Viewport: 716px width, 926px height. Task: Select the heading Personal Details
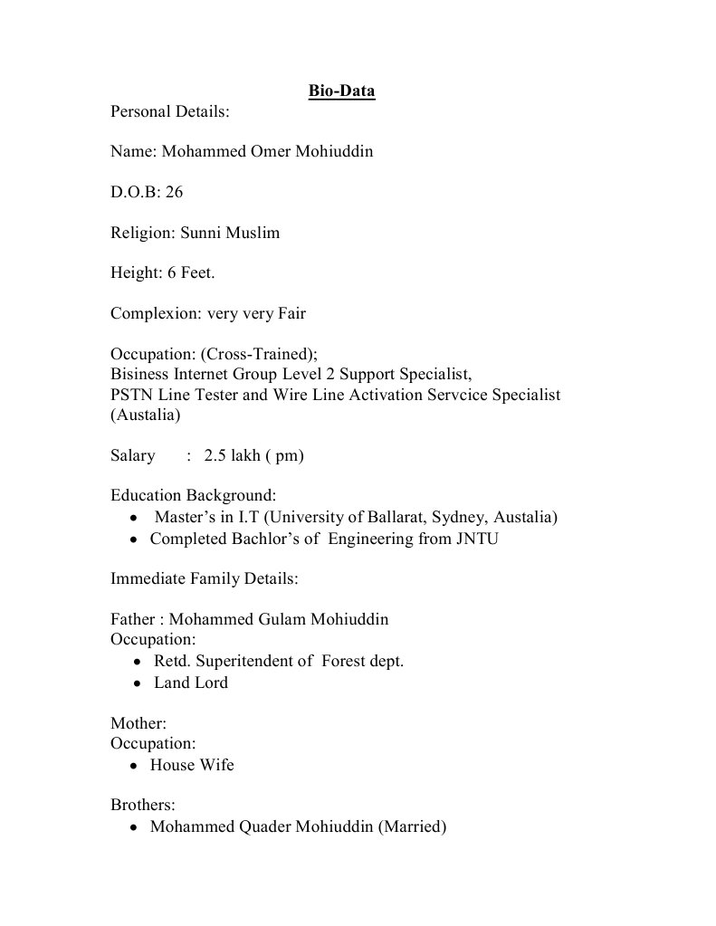[x=169, y=112]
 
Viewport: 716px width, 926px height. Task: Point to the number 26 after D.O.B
[x=175, y=192]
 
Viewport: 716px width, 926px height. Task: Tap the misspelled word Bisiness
[x=143, y=374]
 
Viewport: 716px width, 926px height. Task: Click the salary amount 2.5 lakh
[x=232, y=455]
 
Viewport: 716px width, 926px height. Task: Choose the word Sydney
[x=458, y=518]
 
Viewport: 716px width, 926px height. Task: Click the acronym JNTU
[x=477, y=539]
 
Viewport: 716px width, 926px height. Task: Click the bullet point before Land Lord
[x=136, y=683]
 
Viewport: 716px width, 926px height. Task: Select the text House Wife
[x=192, y=765]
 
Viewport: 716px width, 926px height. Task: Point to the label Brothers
[x=142, y=805]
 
